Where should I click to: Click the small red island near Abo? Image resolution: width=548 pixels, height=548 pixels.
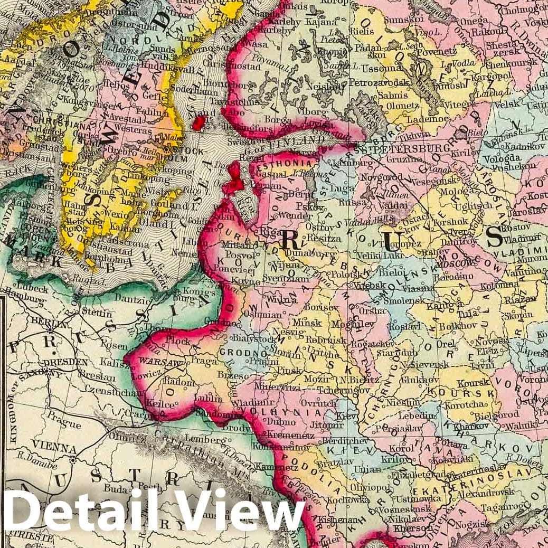(199, 123)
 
